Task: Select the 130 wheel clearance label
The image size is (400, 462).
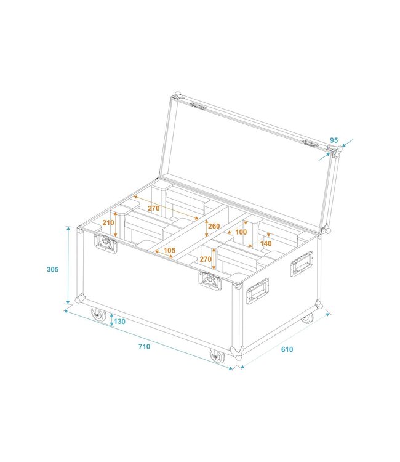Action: pos(119,322)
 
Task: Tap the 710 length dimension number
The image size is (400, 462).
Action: pos(144,347)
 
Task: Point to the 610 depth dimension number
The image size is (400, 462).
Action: pos(287,349)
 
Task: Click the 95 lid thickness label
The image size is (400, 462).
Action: pos(334,140)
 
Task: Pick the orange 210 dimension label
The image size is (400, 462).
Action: pos(108,223)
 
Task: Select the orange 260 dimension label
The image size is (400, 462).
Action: pos(214,226)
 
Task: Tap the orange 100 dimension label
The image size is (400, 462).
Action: pos(241,232)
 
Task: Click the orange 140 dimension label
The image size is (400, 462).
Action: pos(266,244)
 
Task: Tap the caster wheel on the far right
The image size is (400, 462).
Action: pos(306,318)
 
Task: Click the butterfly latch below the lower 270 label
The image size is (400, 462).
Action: pos(210,281)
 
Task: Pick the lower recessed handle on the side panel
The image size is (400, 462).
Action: pos(257,291)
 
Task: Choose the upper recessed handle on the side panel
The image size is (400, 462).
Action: pos(302,264)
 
